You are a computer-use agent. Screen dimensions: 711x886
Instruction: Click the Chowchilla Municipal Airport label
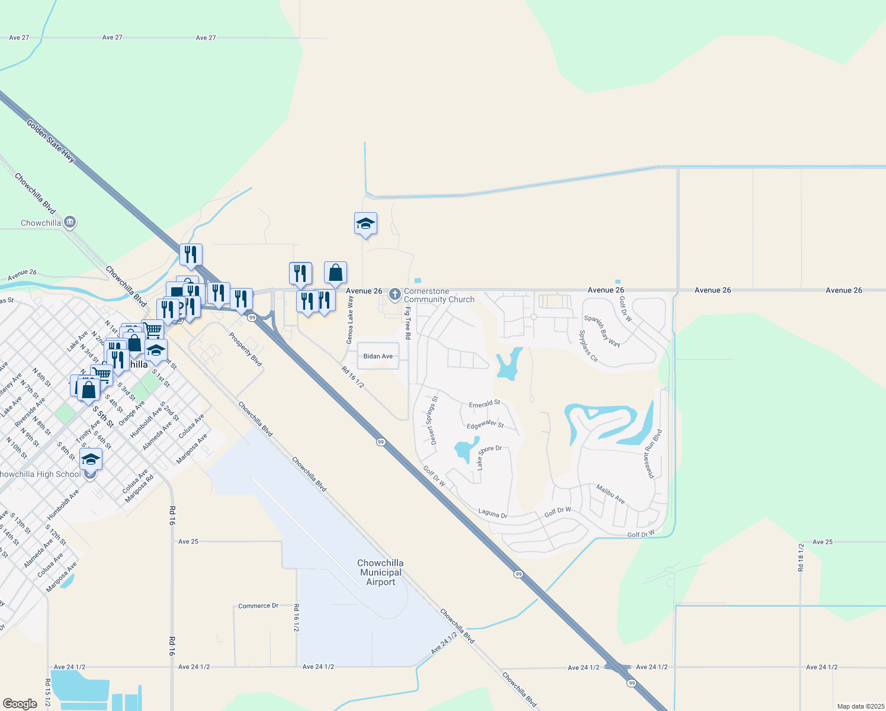pos(380,572)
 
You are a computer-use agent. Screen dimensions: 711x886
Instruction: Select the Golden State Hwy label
pos(51,141)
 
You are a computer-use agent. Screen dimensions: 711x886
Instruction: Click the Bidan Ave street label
pos(378,356)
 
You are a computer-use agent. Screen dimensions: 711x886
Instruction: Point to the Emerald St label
pos(484,404)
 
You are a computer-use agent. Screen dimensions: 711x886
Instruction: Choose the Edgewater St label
pos(485,424)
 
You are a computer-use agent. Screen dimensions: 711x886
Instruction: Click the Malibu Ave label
pos(611,494)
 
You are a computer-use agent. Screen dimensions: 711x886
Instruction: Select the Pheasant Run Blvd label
pos(649,454)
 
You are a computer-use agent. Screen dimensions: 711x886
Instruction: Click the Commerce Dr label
pos(258,606)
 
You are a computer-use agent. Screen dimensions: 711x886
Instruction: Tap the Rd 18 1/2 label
pos(801,557)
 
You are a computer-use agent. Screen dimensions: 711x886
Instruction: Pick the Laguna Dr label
pos(493,514)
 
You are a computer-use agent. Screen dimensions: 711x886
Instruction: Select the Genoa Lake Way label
pos(350,324)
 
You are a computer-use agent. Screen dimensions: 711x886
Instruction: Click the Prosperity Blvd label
pos(245,349)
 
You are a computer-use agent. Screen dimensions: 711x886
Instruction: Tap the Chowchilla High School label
pos(39,474)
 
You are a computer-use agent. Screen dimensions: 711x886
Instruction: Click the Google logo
pos(20,703)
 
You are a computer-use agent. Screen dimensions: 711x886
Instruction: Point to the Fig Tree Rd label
pos(407,323)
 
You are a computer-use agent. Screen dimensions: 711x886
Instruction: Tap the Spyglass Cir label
pos(589,347)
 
